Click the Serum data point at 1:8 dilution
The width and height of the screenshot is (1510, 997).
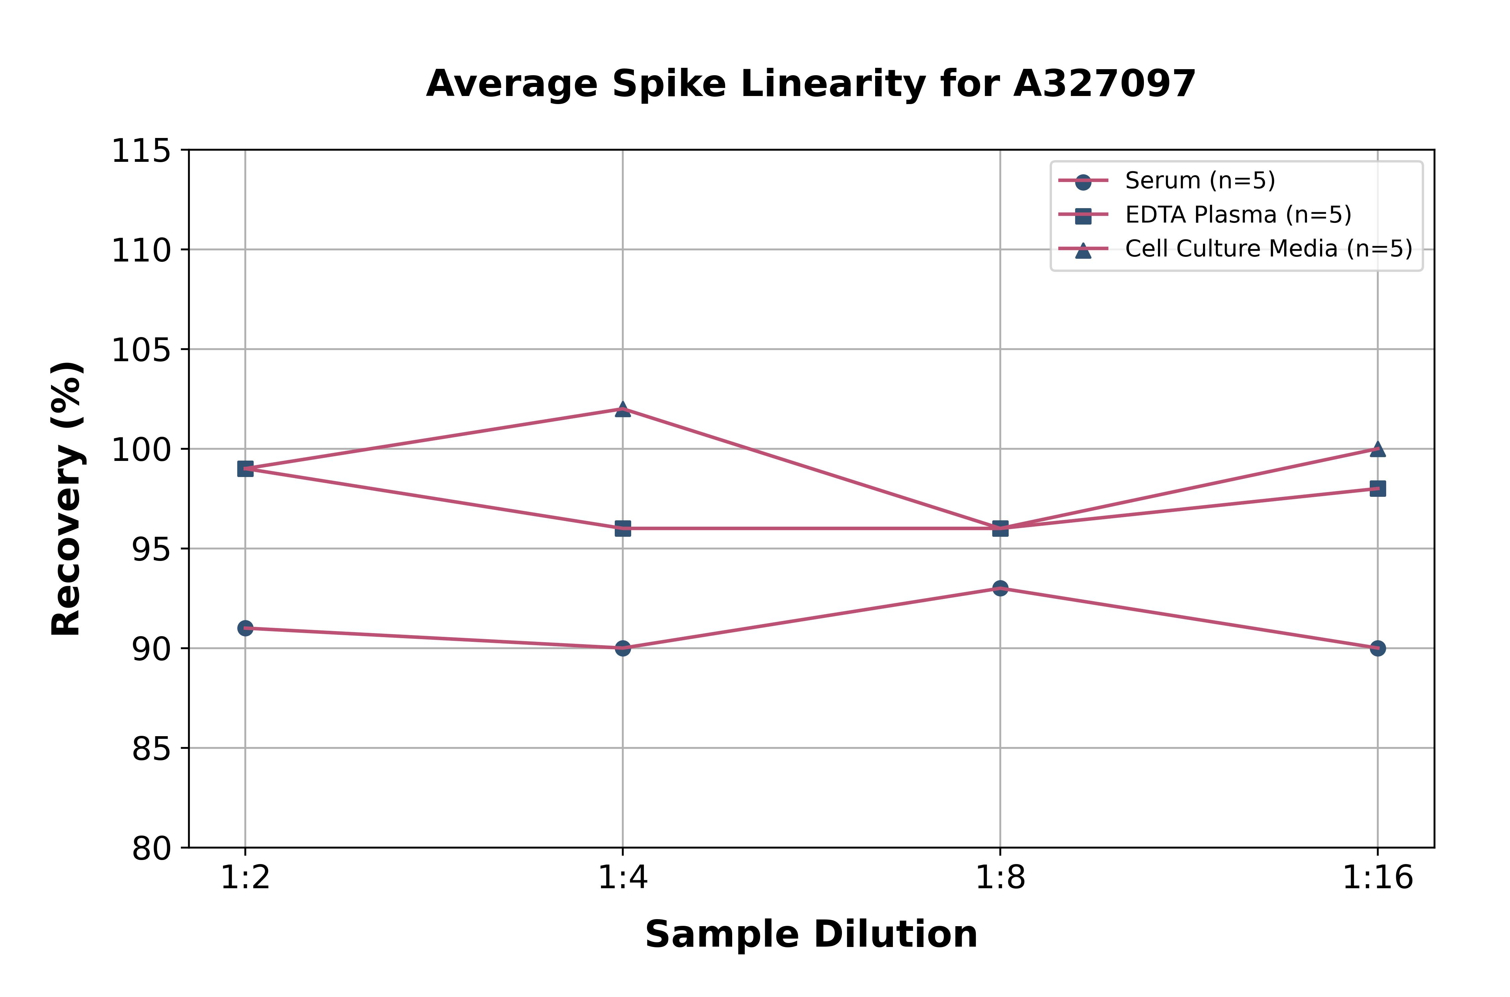[1000, 588]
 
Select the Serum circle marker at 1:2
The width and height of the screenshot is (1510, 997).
[245, 628]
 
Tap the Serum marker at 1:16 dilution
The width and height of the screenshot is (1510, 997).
[1377, 648]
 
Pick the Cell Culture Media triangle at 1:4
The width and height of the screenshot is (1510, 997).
[623, 409]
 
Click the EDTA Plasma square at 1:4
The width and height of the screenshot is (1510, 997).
[623, 528]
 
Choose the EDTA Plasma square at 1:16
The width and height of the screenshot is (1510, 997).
[1377, 488]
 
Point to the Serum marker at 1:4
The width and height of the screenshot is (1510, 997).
[623, 648]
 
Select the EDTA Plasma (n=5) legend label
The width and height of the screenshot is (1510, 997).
[1238, 215]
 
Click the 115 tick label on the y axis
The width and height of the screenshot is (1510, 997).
[141, 151]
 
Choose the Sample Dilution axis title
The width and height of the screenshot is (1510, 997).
[811, 935]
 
